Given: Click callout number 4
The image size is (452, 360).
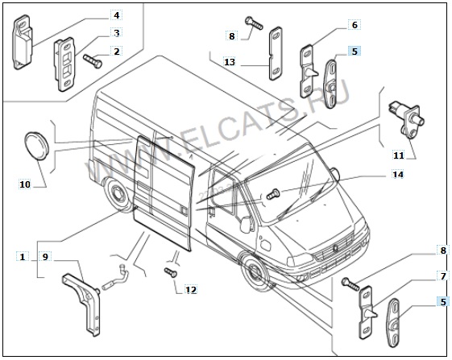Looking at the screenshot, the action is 117,14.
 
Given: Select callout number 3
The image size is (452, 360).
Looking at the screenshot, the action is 117,32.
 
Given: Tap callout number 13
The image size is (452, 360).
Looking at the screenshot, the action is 230,62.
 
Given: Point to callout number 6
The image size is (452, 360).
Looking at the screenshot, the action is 355,25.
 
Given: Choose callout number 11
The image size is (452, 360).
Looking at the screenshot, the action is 399,155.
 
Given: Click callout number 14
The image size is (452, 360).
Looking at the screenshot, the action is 397,175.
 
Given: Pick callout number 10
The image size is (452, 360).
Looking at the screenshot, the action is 25,184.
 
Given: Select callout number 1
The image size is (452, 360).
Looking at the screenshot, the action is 23,257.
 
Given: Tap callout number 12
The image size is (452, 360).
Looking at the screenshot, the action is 190,289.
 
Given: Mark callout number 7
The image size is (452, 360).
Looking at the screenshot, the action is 443,276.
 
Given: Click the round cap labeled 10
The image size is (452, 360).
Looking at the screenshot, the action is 36,146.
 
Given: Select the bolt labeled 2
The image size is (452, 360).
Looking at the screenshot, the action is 93,61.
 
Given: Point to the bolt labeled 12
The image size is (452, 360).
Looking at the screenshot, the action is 171,272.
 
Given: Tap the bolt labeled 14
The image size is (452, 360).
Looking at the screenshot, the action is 272,194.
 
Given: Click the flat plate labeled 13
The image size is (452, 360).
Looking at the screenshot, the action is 276,53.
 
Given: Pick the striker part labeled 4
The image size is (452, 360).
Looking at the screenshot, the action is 23,42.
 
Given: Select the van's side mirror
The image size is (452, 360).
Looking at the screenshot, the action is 246,224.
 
